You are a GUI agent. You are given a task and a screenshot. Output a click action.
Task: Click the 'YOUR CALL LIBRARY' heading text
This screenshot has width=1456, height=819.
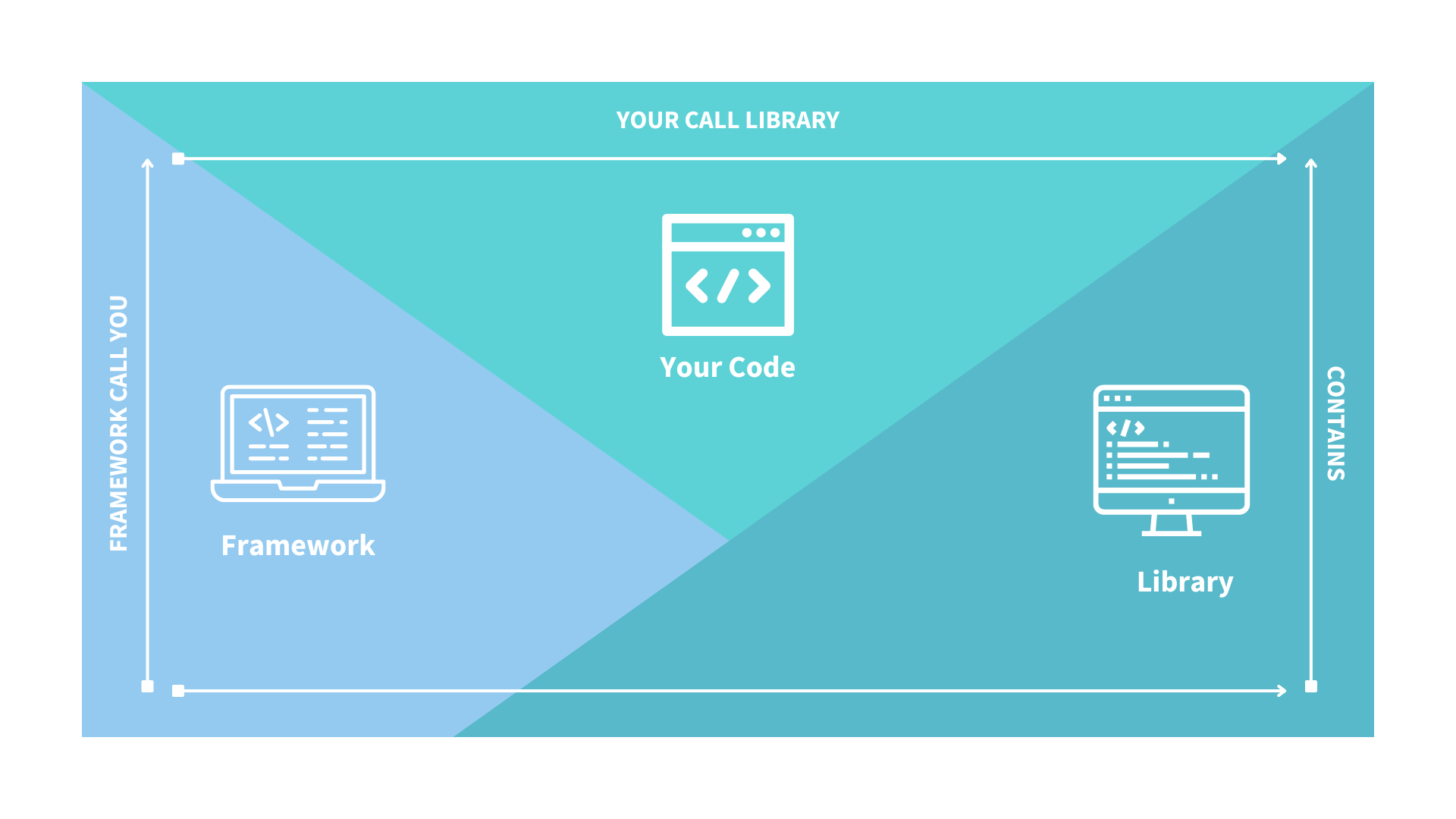727,120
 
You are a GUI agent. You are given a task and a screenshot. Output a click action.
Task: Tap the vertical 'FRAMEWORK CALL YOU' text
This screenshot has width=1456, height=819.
119,423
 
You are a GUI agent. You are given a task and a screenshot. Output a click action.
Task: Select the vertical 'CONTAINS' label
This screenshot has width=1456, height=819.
1335,423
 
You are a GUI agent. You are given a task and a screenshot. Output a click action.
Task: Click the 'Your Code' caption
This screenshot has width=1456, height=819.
727,367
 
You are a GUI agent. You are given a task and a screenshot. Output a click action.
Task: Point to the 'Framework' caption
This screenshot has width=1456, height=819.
297,545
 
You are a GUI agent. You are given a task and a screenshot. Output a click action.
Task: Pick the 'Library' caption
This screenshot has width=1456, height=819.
1185,582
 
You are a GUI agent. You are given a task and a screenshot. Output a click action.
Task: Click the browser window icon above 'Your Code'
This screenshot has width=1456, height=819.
727,275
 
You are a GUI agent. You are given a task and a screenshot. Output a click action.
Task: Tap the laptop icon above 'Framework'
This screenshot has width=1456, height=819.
298,443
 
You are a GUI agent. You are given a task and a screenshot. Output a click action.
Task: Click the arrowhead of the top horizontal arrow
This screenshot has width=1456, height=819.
1282,158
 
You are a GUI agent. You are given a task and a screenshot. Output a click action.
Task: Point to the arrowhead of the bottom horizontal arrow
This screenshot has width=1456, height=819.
1282,691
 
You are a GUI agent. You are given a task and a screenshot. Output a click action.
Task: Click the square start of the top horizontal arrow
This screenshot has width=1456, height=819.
178,158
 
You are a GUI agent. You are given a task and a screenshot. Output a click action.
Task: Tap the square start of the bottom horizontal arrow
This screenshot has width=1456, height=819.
178,691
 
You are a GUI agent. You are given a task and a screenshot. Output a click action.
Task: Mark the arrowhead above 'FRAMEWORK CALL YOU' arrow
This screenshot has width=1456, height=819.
148,163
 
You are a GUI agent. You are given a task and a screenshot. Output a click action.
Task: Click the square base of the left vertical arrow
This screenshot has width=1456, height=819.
148,686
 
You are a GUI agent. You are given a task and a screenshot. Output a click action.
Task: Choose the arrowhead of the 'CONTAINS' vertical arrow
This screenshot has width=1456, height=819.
1311,163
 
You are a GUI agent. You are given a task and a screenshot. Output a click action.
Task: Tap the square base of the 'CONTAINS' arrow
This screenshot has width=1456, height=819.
1311,686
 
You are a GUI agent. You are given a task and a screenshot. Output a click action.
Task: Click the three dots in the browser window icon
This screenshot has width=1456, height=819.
761,233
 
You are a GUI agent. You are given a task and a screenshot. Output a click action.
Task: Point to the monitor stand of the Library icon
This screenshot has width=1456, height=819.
1171,525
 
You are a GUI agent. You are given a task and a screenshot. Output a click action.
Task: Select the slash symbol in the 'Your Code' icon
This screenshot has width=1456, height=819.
728,286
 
